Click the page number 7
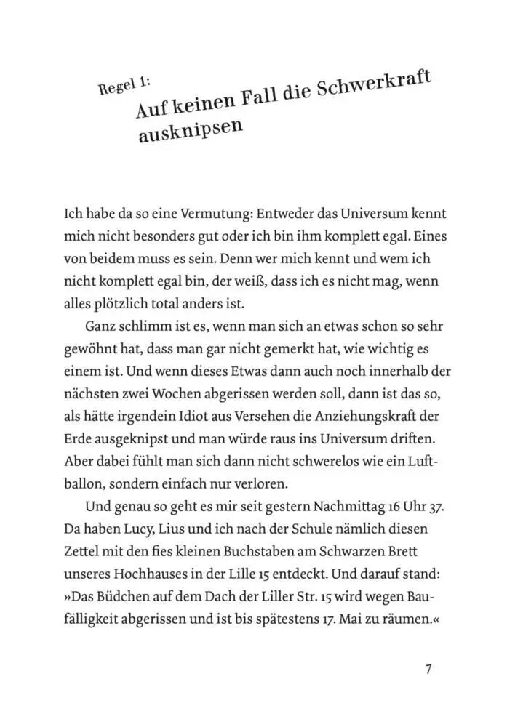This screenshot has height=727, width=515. (x=428, y=670)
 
